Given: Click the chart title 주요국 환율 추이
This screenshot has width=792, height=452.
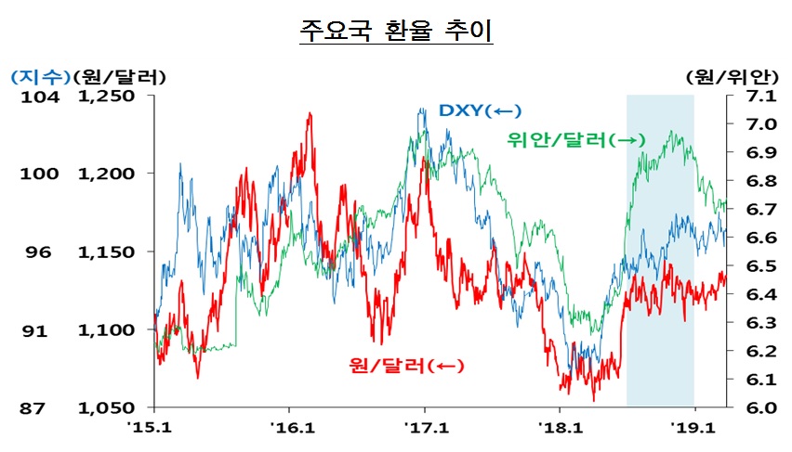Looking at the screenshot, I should point(396,30).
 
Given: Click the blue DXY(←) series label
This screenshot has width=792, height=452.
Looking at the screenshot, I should point(475,110).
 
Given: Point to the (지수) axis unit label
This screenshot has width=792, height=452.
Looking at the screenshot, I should point(35,75).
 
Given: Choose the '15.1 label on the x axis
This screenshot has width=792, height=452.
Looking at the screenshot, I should point(154,428).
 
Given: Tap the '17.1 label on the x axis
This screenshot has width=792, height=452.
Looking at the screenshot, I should point(425,428).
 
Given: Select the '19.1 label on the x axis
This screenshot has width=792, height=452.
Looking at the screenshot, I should point(694,428).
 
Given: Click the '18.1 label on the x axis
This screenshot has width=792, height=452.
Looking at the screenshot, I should point(560,428).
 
